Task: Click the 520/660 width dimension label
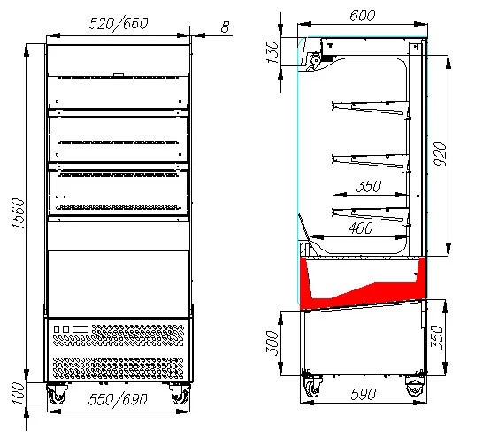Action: pos(119,23)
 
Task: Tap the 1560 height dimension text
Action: pos(18,213)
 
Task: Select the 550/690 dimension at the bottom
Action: pos(118,399)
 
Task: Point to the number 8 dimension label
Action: pos(226,27)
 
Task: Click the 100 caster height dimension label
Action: pos(19,394)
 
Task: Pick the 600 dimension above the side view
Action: pos(363,15)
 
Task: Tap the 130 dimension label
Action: pos(272,52)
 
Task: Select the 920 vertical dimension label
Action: pos(440,154)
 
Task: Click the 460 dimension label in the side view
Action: pos(360,228)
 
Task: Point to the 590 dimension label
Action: pos(364,394)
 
